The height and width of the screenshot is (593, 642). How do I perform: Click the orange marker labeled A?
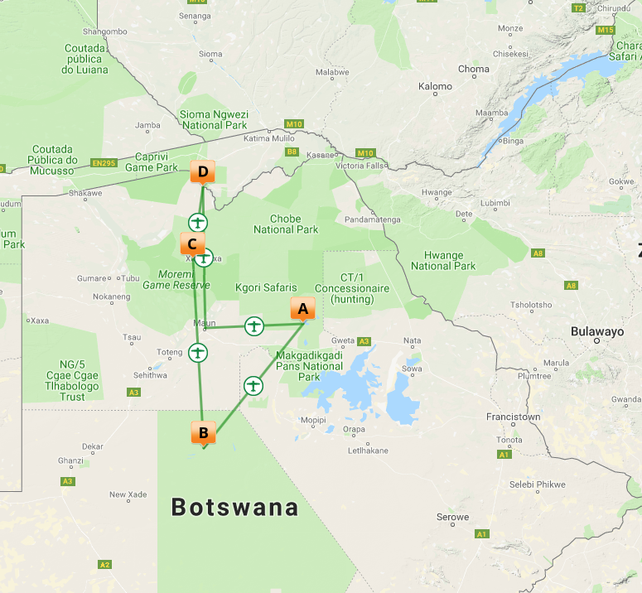click(x=302, y=309)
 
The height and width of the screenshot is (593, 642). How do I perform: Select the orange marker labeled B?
click(x=203, y=432)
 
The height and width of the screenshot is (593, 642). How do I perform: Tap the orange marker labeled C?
click(x=192, y=244)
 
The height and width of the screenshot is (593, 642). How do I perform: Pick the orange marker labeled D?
click(x=202, y=172)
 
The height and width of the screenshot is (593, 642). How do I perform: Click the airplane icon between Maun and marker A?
click(x=254, y=326)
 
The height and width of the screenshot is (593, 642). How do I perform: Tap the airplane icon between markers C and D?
click(x=198, y=222)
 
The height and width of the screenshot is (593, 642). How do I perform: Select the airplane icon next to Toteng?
click(x=197, y=353)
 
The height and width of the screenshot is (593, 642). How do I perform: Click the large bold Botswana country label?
click(x=234, y=507)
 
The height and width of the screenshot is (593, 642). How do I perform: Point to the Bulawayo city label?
click(x=597, y=331)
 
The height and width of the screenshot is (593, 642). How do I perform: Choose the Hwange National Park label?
click(x=443, y=260)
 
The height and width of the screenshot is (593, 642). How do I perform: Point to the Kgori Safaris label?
click(x=266, y=287)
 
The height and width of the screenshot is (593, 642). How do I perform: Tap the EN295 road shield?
click(x=104, y=163)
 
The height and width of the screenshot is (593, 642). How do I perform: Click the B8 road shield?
click(x=292, y=152)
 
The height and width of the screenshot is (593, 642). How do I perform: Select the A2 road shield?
click(x=104, y=564)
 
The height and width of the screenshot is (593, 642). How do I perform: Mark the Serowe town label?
click(x=452, y=517)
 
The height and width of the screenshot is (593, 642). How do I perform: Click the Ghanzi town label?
click(x=70, y=460)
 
